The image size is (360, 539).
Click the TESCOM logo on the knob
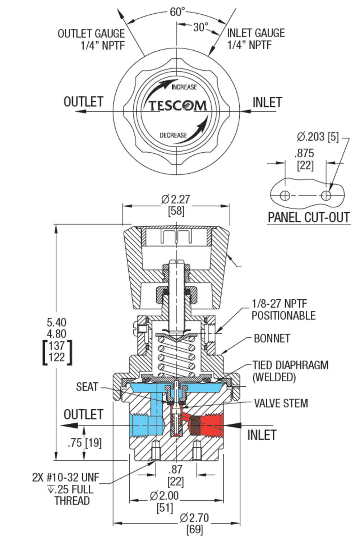(177, 105)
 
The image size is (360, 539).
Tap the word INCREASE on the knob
(184, 87)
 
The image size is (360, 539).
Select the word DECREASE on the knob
(173, 135)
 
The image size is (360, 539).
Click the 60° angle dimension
(177, 12)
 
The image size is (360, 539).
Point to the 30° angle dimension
(200, 27)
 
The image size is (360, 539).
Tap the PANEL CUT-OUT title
(309, 217)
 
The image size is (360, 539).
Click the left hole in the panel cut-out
(285, 195)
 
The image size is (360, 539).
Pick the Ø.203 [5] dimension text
(318, 137)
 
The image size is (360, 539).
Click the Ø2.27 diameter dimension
(176, 199)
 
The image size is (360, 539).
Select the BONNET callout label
(272, 338)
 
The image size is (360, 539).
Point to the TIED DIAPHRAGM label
(290, 365)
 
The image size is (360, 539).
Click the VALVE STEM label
(281, 403)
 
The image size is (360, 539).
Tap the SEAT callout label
(87, 387)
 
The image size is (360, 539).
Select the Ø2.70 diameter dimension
(194, 518)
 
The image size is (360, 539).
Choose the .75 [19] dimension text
(84, 443)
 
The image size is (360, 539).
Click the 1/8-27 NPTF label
(280, 304)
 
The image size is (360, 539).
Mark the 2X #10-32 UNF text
(65, 477)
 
